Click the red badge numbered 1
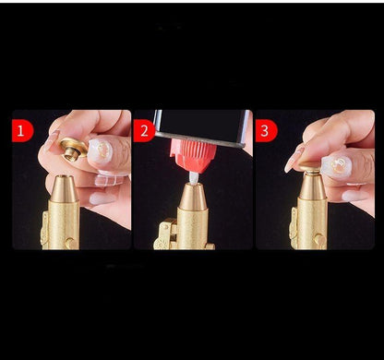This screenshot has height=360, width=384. pyautogui.click(x=22, y=131)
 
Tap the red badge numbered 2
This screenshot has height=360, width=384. pyautogui.click(x=144, y=131)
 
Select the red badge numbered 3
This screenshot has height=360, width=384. pyautogui.click(x=266, y=131)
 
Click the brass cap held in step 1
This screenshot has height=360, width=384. pyautogui.click(x=73, y=149)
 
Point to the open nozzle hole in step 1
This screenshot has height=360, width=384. pyautogui.click(x=64, y=177)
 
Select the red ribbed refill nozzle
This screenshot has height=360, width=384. pyautogui.click(x=193, y=155)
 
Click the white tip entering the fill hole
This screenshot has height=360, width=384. pyautogui.click(x=194, y=178)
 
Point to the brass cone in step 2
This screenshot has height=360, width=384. pyautogui.click(x=194, y=197)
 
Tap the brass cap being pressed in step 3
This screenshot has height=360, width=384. pyautogui.click(x=310, y=168)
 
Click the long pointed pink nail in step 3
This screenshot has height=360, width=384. pyautogui.click(x=294, y=159)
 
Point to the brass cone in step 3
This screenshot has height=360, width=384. pyautogui.click(x=312, y=186)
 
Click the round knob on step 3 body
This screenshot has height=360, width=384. pyautogui.click(x=318, y=239)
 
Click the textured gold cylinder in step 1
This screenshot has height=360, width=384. pyautogui.click(x=64, y=224)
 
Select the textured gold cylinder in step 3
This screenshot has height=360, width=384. pyautogui.click(x=312, y=224)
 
